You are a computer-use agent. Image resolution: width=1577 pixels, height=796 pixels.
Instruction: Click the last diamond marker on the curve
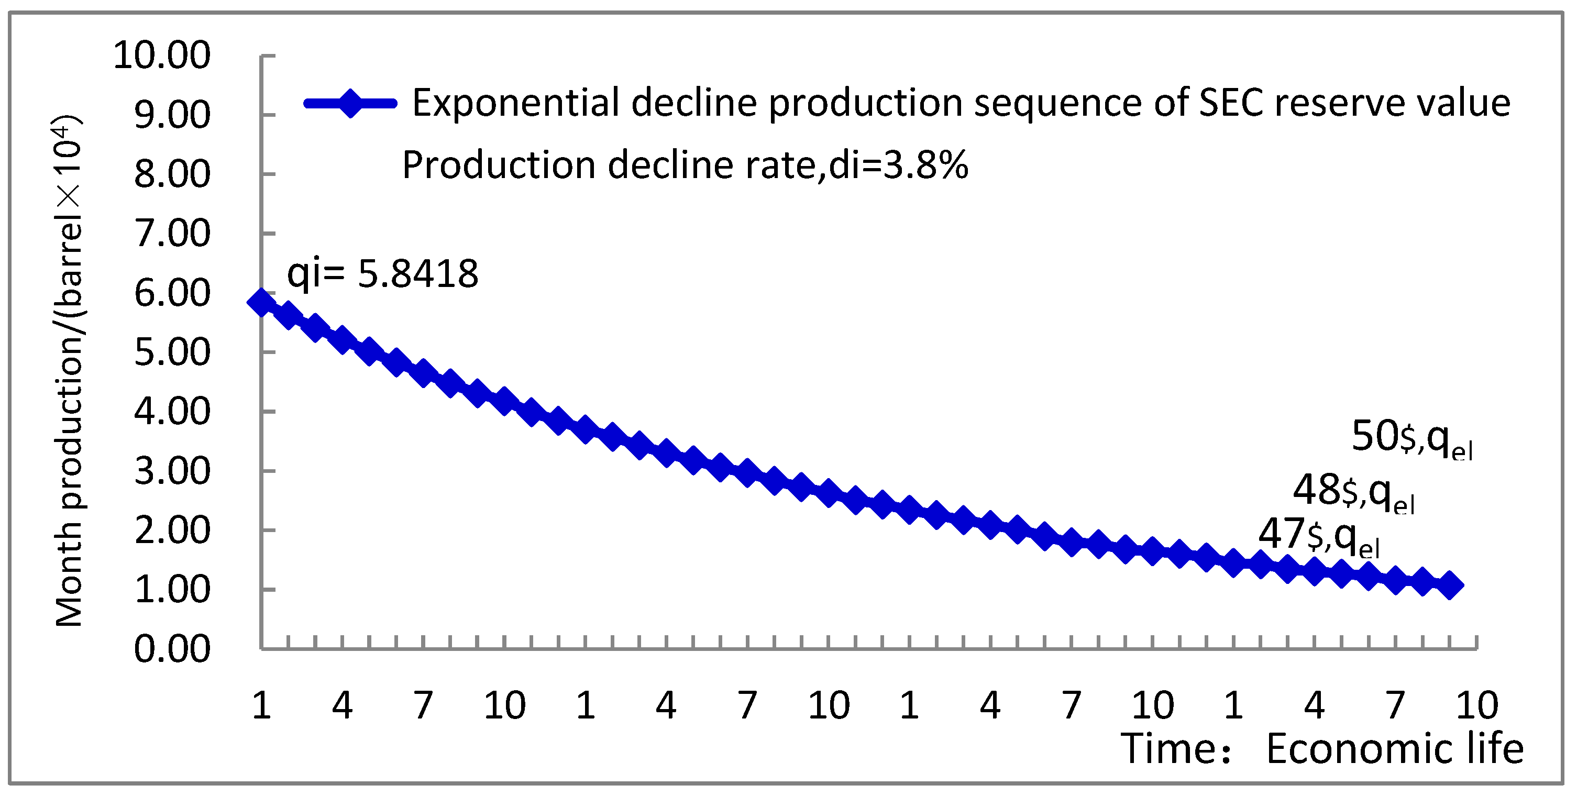click(1450, 585)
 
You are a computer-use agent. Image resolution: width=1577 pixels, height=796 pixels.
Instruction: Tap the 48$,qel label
click(1353, 492)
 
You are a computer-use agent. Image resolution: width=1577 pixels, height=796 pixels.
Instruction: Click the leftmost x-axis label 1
click(261, 705)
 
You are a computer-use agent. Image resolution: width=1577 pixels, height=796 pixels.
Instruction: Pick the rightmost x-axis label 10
click(1476, 705)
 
